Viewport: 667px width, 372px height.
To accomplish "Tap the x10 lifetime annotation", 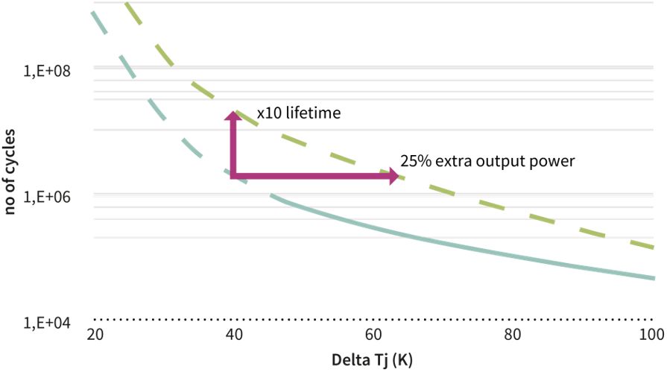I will tap(298, 114).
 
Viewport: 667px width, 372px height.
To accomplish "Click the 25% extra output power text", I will tap(487, 160).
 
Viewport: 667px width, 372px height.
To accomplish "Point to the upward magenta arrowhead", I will tap(233, 116).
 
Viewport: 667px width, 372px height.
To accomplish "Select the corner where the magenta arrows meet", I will tap(234, 176).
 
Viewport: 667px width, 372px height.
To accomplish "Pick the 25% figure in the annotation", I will tap(415, 160).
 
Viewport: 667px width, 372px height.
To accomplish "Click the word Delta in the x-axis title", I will tap(347, 359).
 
